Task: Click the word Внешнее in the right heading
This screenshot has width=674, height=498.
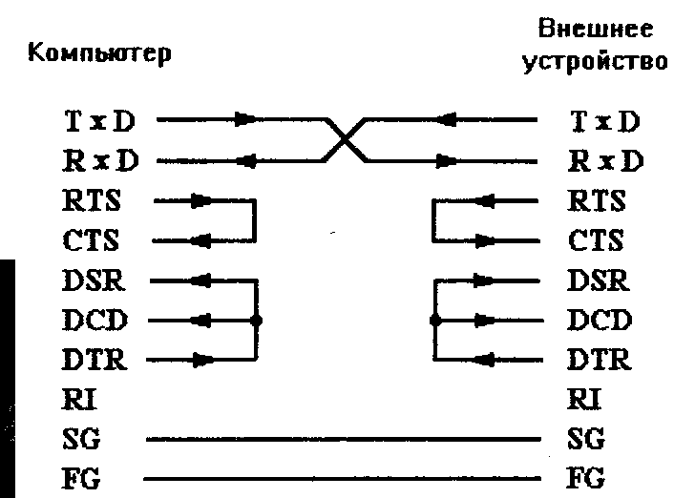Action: click(x=609, y=30)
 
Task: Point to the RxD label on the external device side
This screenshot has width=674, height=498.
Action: click(x=605, y=160)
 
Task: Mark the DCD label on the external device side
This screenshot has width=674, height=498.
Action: click(x=599, y=321)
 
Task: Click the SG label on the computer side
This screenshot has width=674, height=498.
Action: click(x=84, y=440)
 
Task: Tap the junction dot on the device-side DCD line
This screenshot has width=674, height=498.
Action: click(x=434, y=321)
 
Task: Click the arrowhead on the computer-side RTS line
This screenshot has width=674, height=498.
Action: click(x=201, y=201)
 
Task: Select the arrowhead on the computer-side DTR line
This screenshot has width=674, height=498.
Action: click(x=201, y=361)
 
